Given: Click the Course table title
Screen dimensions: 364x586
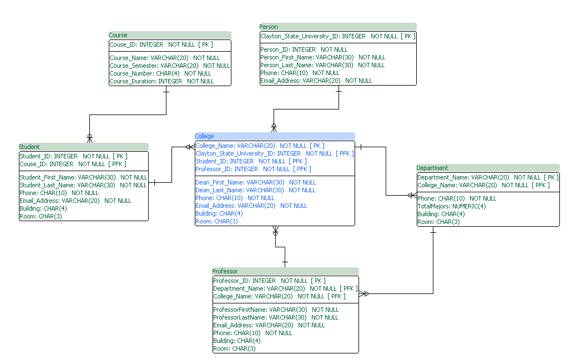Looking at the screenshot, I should tap(118, 35).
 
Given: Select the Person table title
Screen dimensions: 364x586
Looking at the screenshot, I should tap(269, 27).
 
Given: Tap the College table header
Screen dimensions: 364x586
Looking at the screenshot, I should tap(204, 136).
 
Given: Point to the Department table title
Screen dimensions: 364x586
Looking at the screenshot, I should tap(432, 168).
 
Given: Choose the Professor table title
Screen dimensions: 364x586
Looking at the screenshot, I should tap(225, 271).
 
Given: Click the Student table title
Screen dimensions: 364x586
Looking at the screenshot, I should tap(29, 147).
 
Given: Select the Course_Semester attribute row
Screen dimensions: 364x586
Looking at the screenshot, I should tap(169, 66).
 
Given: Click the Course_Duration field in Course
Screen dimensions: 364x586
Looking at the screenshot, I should tap(161, 81).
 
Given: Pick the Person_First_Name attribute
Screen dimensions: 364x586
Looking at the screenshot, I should tap(322, 57).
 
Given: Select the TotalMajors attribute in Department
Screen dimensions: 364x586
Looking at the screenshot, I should tap(452, 206).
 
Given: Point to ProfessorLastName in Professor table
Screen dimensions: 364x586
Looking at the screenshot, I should tap(275, 317).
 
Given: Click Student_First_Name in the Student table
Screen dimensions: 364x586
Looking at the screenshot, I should tap(83, 177).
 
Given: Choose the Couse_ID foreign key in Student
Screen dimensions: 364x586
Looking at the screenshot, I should tap(73, 164).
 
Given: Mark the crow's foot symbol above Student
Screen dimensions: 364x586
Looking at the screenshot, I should tap(89, 137).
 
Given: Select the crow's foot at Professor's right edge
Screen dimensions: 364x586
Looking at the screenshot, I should tap(363, 293).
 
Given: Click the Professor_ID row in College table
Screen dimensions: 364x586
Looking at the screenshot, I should tap(253, 169).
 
